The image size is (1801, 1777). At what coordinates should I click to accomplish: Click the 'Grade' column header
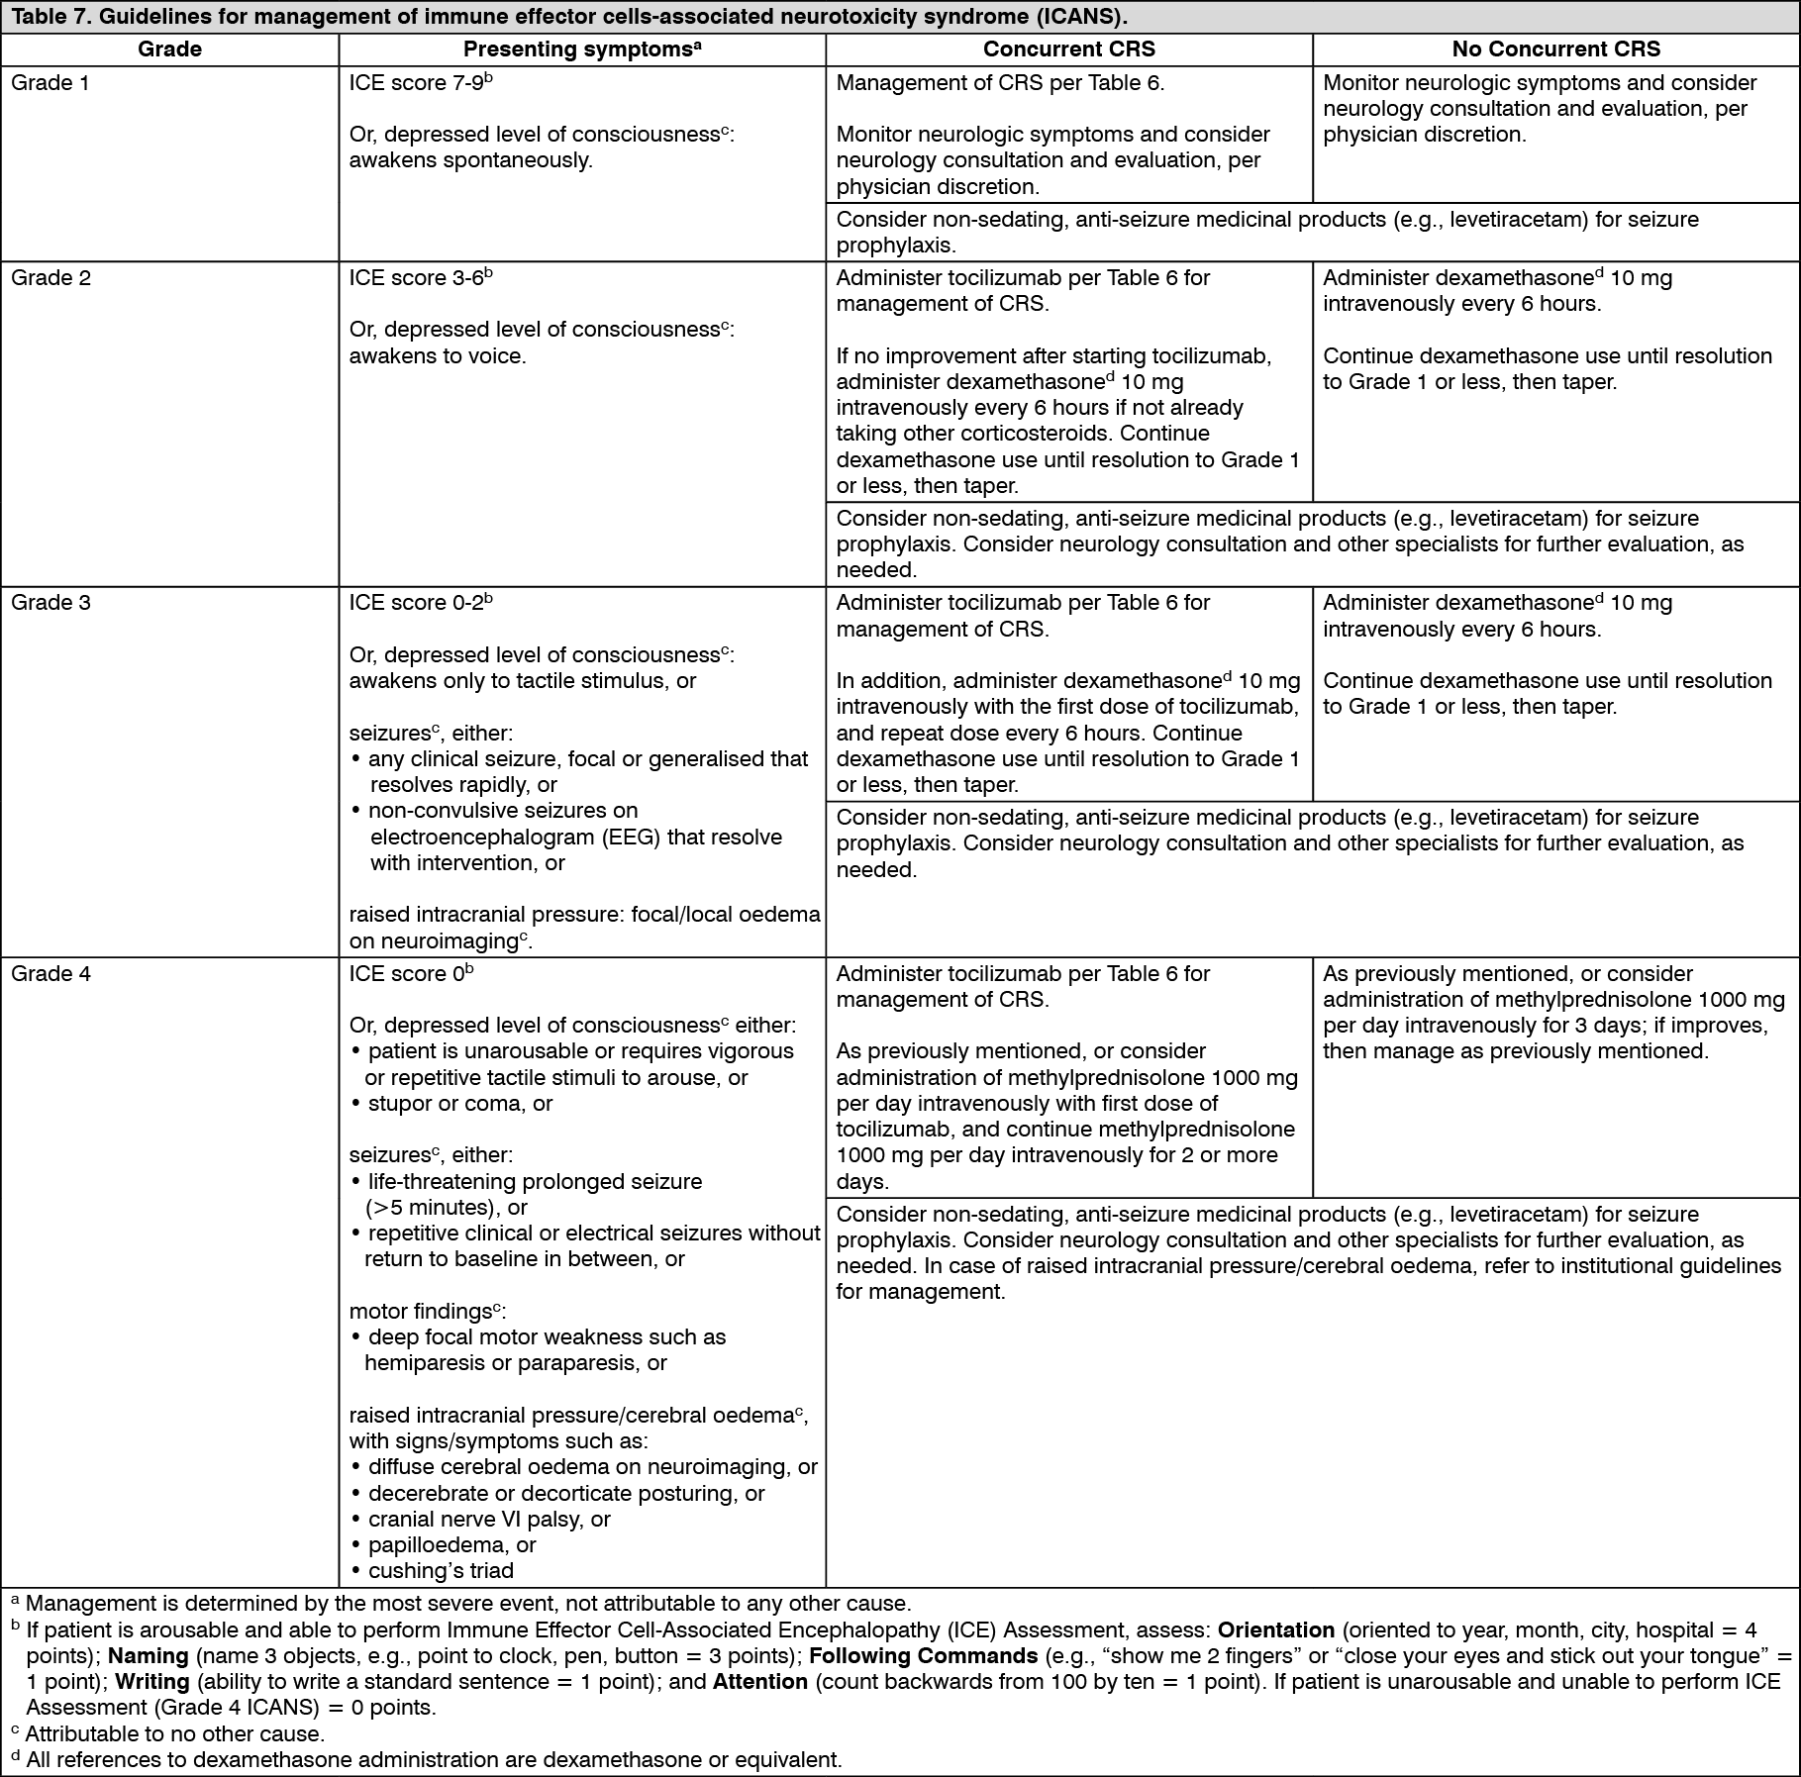169,49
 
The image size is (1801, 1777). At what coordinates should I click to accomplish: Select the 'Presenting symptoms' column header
582,49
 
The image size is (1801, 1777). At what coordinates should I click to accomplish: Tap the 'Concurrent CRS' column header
1068,49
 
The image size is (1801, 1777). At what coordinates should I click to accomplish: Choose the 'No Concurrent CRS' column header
1555,49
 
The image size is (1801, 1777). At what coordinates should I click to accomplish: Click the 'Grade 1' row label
50,83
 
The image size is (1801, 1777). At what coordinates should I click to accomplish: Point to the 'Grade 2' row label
50,278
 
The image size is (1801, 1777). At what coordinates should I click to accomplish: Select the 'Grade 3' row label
50,603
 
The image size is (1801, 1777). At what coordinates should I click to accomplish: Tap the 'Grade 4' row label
50,974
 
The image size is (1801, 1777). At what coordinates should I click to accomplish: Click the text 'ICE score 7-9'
416,83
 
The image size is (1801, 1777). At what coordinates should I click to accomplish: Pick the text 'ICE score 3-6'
416,278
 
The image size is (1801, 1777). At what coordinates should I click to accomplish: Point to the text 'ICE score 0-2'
416,603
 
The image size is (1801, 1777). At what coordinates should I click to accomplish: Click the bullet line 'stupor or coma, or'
459,1104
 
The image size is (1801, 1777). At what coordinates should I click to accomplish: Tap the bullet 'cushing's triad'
441,1571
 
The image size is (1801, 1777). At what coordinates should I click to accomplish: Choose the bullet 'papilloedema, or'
451,1545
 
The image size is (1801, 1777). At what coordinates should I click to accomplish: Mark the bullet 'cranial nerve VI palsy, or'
489,1520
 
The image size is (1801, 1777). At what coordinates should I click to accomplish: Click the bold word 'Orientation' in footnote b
1276,1630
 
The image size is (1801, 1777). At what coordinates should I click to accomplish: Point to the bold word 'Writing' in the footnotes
151,1682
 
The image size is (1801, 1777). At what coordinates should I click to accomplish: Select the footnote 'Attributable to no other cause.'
174,1734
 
